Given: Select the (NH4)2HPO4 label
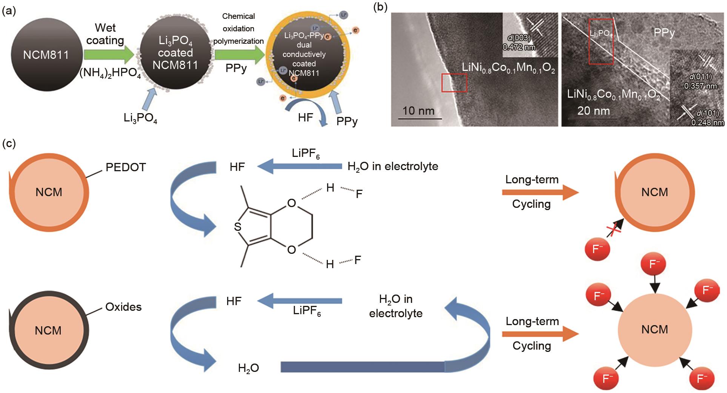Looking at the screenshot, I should [x=110, y=73].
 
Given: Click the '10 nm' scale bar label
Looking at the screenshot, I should [x=418, y=111].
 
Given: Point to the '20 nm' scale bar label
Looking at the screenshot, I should [x=593, y=111].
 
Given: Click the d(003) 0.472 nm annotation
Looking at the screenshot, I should [x=519, y=42].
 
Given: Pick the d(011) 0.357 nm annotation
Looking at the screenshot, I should [x=700, y=81].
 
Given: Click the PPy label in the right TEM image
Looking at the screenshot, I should [x=664, y=33].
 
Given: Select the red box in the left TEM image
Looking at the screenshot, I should [x=454, y=83].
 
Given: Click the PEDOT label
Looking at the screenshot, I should [x=126, y=167].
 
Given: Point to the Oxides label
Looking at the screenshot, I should [x=123, y=307].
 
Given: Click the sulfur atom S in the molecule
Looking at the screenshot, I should [x=237, y=227].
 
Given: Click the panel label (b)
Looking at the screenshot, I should [x=380, y=7].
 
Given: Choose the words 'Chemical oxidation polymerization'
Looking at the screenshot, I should [x=238, y=29].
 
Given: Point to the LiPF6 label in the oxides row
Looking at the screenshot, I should [x=307, y=311].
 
